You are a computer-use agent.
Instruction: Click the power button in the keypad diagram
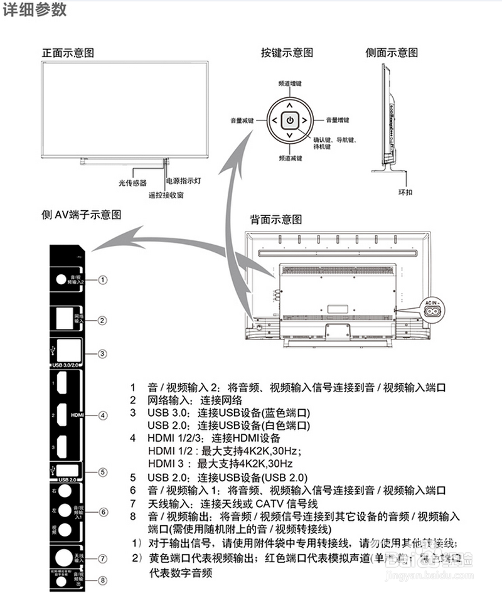289,119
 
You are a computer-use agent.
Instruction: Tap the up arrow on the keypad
289,104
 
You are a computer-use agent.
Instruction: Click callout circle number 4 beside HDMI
103,415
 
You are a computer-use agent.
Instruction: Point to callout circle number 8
103,580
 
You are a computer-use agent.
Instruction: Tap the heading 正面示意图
68,53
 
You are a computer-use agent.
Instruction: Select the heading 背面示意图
276,220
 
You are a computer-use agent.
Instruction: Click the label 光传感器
132,183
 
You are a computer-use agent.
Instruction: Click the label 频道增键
289,83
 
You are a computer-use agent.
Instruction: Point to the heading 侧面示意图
392,53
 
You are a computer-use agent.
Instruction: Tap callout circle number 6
103,511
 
